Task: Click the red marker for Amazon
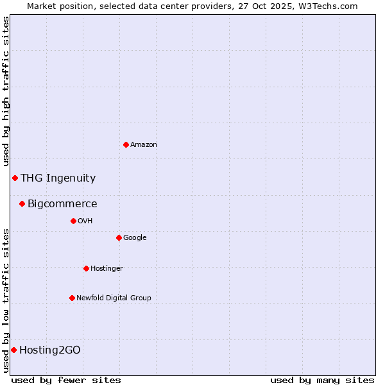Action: pyautogui.click(x=126, y=144)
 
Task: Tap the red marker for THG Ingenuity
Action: pyautogui.click(x=15, y=178)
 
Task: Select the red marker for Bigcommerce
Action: pyautogui.click(x=22, y=203)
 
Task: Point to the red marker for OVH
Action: pyautogui.click(x=73, y=221)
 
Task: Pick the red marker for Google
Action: pyautogui.click(x=119, y=237)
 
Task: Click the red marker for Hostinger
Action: pyautogui.click(x=86, y=268)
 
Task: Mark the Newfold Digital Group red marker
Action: pyautogui.click(x=72, y=298)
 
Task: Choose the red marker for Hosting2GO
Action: pyautogui.click(x=13, y=350)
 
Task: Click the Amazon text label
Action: pyautogui.click(x=144, y=145)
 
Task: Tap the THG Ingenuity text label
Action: pyautogui.click(x=58, y=178)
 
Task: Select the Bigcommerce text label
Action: pyautogui.click(x=62, y=204)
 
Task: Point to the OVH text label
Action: pyautogui.click(x=85, y=221)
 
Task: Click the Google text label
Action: pyautogui.click(x=135, y=238)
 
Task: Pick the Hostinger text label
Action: pyautogui.click(x=107, y=269)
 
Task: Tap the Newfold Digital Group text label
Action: pyautogui.click(x=114, y=298)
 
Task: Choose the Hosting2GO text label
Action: pyautogui.click(x=50, y=350)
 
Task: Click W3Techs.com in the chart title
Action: pyautogui.click(x=330, y=6)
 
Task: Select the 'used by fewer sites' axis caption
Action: pyautogui.click(x=66, y=380)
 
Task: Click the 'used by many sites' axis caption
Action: pyautogui.click(x=322, y=380)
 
